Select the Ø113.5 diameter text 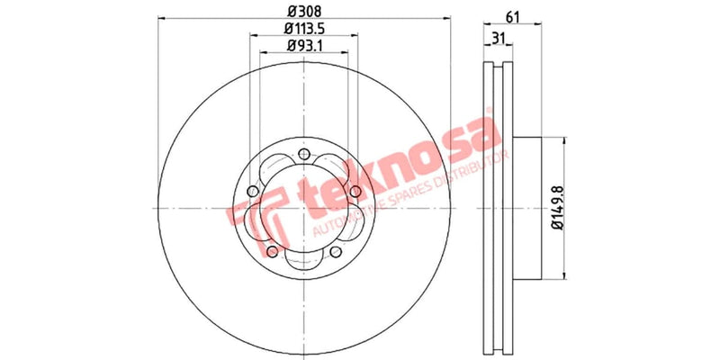[x=303, y=30]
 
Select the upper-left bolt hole [x=254, y=192]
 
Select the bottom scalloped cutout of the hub [x=304, y=262]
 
